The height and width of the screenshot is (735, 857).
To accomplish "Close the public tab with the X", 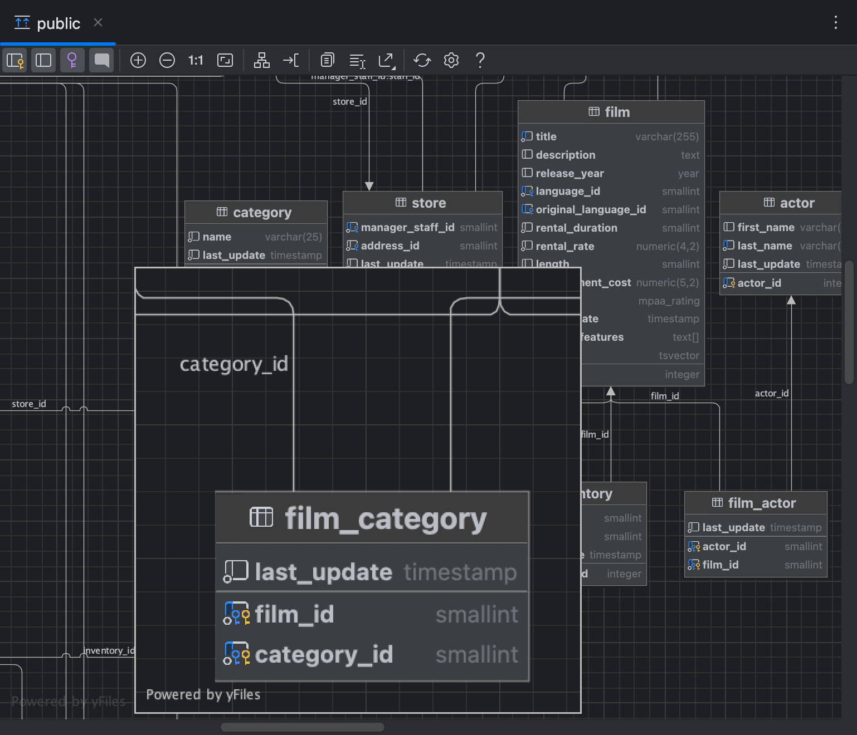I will tap(98, 22).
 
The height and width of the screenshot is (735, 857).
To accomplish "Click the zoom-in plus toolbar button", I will tap(138, 60).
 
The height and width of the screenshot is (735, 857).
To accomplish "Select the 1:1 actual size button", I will tap(196, 60).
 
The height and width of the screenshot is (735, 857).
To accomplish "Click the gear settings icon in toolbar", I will tap(451, 60).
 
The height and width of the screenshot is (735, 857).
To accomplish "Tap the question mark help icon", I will tap(480, 60).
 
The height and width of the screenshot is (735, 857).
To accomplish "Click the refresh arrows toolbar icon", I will tap(422, 60).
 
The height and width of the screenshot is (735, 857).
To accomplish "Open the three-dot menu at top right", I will tap(835, 22).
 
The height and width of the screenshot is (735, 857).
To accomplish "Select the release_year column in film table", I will tap(569, 173).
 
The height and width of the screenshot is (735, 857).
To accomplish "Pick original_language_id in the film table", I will tap(590, 209).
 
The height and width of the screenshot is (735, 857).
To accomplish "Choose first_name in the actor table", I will tap(765, 227).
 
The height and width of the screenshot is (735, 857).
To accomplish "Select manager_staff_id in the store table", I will tap(407, 227).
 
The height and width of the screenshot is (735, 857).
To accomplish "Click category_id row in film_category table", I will tap(324, 654).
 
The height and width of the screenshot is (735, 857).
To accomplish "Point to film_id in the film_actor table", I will tap(720, 565).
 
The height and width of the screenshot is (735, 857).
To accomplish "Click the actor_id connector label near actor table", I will tap(771, 393).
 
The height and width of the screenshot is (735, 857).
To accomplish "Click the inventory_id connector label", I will tap(109, 650).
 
